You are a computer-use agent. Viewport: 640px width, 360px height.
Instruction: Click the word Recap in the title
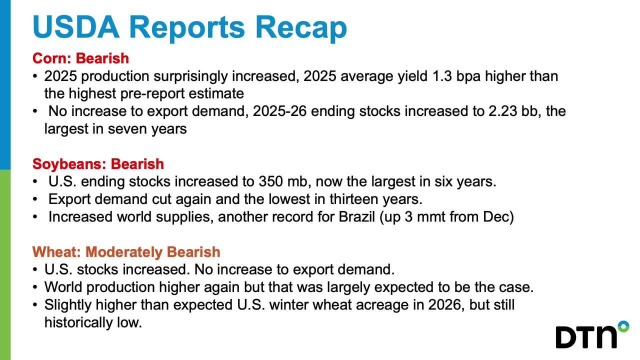pyautogui.click(x=301, y=27)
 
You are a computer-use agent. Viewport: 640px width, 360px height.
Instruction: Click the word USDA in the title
pyautogui.click(x=76, y=27)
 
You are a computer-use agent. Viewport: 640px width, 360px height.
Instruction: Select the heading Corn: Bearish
pyautogui.click(x=80, y=58)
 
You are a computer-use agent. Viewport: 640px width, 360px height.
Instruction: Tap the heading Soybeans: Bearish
pyautogui.click(x=98, y=164)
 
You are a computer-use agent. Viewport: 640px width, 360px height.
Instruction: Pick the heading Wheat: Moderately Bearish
pyautogui.click(x=126, y=252)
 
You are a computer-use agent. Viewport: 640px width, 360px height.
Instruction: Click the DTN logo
pyautogui.click(x=592, y=334)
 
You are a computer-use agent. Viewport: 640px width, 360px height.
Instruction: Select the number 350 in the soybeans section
pyautogui.click(x=270, y=181)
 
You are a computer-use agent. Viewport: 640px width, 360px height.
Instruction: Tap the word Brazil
pyautogui.click(x=356, y=217)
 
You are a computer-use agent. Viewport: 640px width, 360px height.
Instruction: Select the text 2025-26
pyautogui.click(x=279, y=111)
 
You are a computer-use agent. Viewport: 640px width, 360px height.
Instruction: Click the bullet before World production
pyautogui.click(x=35, y=287)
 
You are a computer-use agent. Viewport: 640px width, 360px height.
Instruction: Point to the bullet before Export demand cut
pyautogui.click(x=35, y=199)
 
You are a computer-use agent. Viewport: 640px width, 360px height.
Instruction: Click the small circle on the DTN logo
pyautogui.click(x=623, y=326)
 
